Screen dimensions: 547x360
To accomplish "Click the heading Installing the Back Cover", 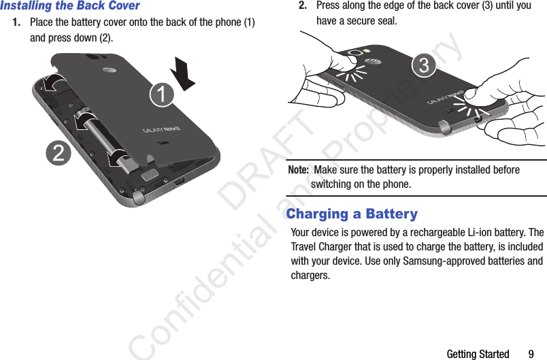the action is pyautogui.click(x=70, y=6).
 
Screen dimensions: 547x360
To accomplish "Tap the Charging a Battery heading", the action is pyautogui.click(x=352, y=214).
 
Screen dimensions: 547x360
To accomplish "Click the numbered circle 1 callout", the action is pyautogui.click(x=161, y=94).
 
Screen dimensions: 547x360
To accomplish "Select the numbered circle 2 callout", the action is pyautogui.click(x=59, y=152).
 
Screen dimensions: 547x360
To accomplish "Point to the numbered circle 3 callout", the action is pyautogui.click(x=424, y=65).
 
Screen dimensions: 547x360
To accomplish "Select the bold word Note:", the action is pyautogui.click(x=299, y=169).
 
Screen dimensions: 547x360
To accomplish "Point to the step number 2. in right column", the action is pyautogui.click(x=305, y=5).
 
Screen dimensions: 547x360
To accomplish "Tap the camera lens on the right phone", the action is pyautogui.click(x=355, y=53).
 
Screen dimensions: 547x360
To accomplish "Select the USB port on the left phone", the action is pyautogui.click(x=178, y=182).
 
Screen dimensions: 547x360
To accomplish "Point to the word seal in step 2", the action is pyautogui.click(x=386, y=20).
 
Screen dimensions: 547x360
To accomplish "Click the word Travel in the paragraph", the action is pyautogui.click(x=306, y=246).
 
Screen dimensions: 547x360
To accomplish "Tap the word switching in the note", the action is pyautogui.click(x=333, y=184).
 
